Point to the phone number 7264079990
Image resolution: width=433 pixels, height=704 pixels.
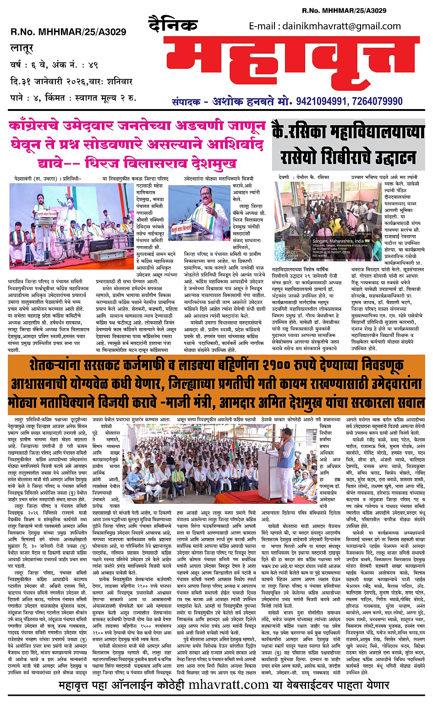pyautogui.click(x=377, y=101)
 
